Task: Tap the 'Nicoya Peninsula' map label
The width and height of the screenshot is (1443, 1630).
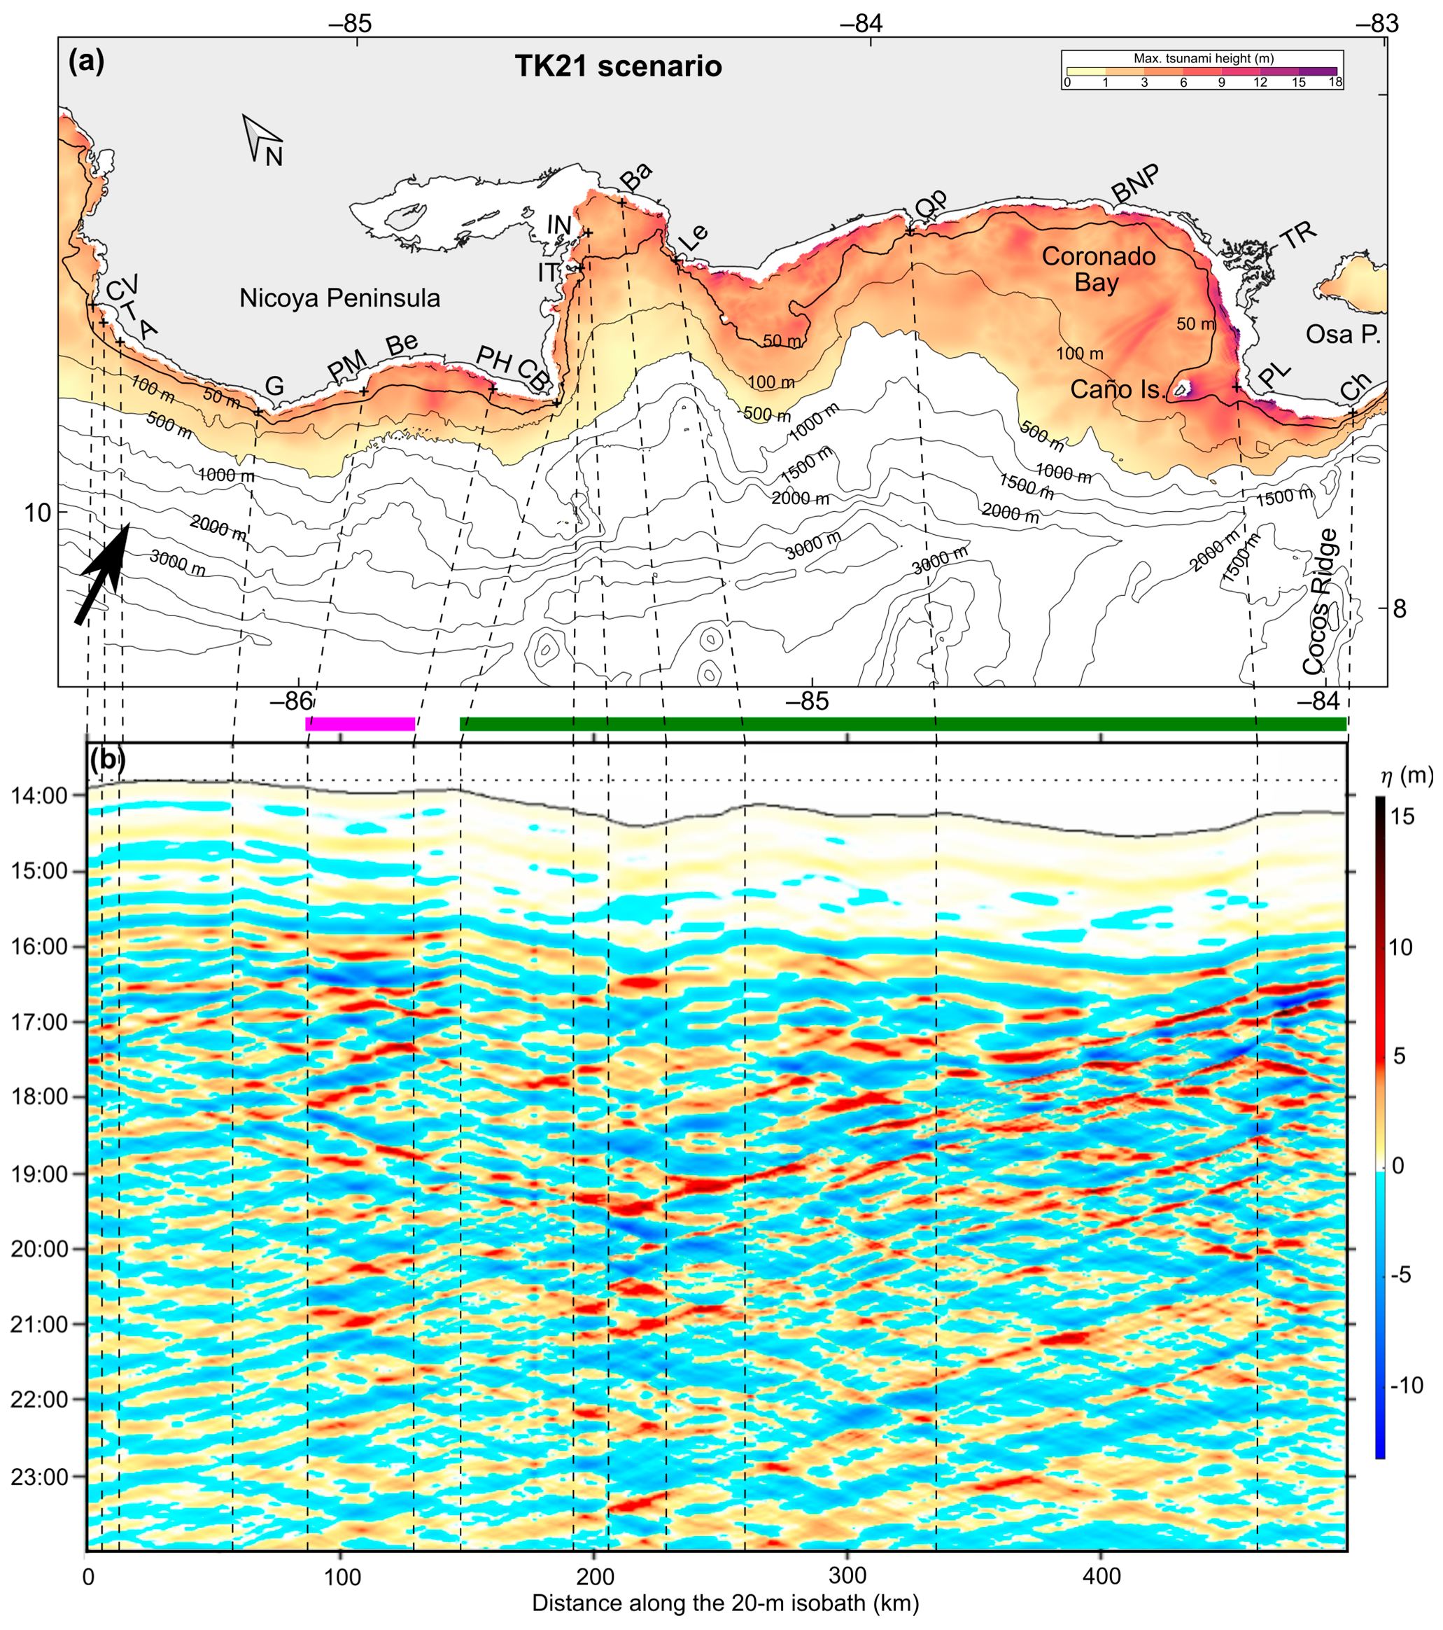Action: [339, 298]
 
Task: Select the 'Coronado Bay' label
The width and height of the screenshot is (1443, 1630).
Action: [1098, 270]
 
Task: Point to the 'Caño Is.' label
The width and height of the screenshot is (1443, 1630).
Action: [1118, 389]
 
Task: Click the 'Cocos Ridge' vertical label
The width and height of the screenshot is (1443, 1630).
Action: [1319, 601]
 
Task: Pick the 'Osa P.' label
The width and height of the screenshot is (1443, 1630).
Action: [1342, 334]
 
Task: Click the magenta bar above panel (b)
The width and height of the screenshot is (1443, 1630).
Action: [360, 724]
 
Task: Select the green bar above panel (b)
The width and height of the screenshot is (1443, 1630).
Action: [903, 724]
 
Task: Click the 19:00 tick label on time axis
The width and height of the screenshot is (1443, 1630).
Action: [38, 1175]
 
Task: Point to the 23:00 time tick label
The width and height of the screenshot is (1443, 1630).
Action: [38, 1477]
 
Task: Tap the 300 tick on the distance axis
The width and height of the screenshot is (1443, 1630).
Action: [847, 1577]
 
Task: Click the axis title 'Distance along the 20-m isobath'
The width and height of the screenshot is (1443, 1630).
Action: [725, 1603]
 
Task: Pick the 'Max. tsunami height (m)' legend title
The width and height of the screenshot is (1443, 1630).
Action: [1203, 59]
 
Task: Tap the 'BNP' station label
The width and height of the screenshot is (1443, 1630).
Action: [1135, 184]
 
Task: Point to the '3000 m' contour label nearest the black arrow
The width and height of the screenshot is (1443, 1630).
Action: [177, 563]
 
